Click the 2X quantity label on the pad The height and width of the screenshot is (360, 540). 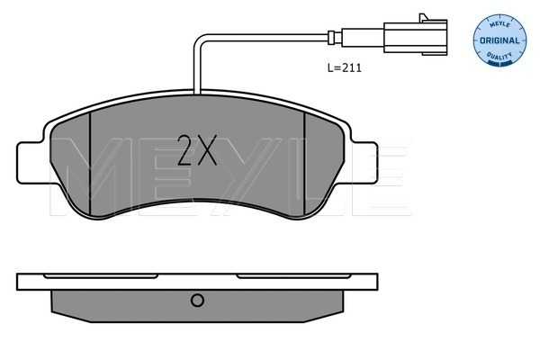coord(196,150)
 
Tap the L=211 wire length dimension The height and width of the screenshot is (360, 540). coord(345,67)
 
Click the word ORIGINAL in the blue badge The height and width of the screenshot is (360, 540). coord(499,40)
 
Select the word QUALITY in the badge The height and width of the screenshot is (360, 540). coord(499,56)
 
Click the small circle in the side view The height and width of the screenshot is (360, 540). coord(197,301)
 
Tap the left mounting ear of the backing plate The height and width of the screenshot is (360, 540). coord(31,163)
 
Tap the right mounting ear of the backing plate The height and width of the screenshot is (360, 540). coord(364,163)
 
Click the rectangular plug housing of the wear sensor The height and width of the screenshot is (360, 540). coord(415,37)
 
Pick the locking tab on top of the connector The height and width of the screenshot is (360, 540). coord(424,17)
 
